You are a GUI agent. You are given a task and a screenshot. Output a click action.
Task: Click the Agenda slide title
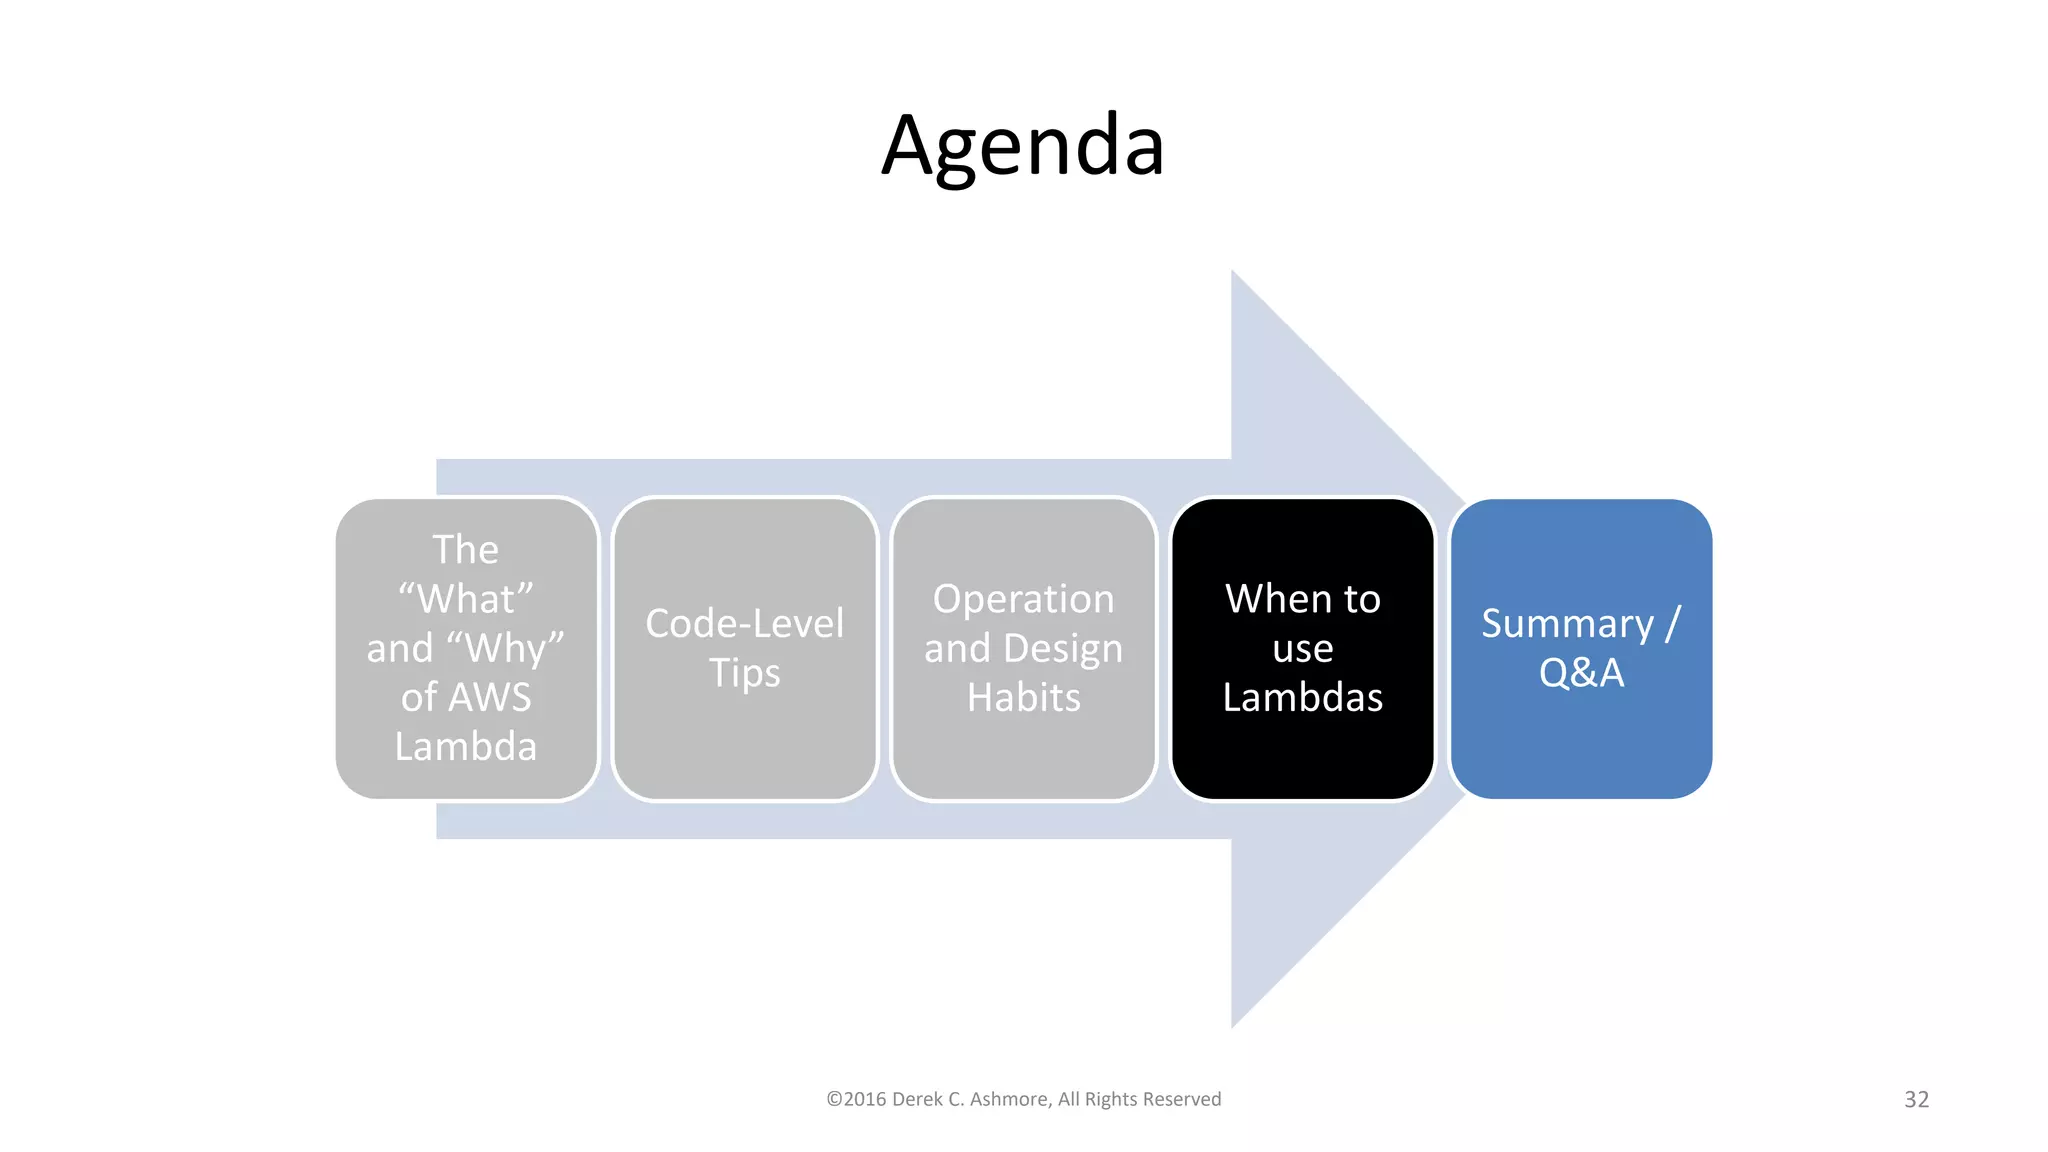coord(1023,146)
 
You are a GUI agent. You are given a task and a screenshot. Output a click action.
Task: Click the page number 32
coord(1916,1099)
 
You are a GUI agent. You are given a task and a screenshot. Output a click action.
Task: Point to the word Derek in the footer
coord(916,1099)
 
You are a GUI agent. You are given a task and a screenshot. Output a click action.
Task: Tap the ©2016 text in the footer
coord(856,1099)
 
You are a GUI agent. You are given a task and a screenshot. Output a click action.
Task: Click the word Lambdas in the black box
coord(1302,697)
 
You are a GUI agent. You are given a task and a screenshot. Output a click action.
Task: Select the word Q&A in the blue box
coord(1581,673)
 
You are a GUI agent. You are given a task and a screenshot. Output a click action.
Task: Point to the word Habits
coord(1023,697)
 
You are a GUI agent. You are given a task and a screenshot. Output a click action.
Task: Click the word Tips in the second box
coord(744,673)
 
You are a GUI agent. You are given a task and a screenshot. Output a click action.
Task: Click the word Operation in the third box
coord(1023,599)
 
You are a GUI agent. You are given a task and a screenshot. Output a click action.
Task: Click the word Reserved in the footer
coord(1182,1099)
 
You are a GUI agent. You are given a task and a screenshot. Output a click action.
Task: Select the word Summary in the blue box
coord(1567,623)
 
